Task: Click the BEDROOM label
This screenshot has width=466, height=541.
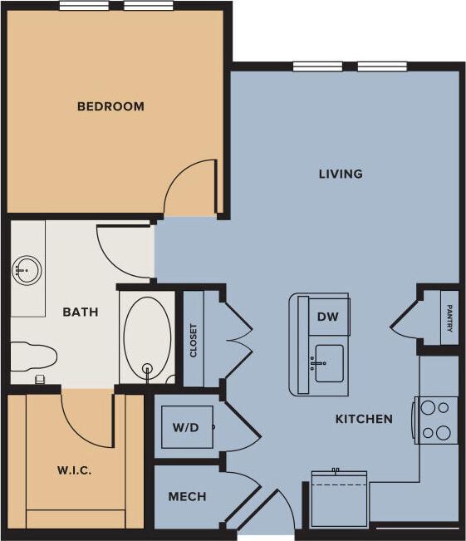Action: click(x=110, y=106)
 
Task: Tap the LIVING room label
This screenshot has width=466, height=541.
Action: click(x=341, y=174)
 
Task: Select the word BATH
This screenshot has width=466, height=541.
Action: click(x=81, y=312)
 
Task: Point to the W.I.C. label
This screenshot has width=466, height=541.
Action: click(x=74, y=470)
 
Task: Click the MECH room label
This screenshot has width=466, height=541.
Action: click(x=187, y=497)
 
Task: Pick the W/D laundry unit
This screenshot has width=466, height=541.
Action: click(x=186, y=427)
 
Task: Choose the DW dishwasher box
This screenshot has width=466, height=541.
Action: click(x=329, y=316)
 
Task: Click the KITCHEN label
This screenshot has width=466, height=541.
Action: click(x=364, y=419)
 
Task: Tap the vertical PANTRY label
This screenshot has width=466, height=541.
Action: click(x=449, y=317)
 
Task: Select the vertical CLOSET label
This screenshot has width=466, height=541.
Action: click(x=194, y=340)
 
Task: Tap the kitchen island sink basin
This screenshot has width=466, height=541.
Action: click(x=329, y=364)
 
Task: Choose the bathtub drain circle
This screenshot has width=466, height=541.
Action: click(x=148, y=370)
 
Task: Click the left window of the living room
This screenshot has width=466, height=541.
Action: click(x=317, y=66)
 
